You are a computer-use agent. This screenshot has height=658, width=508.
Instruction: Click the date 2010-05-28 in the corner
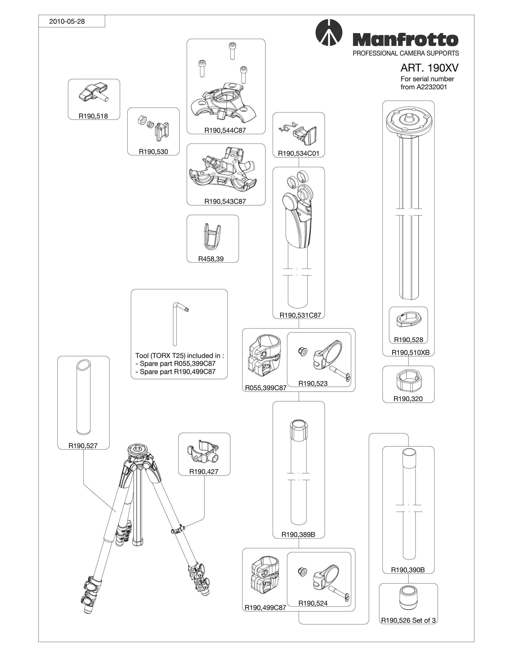coord(67,21)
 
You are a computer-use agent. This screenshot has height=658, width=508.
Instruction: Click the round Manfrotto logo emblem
coord(329,32)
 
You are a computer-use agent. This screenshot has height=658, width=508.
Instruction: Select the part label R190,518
coord(93,116)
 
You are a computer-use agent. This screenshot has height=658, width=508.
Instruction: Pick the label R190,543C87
coord(225,202)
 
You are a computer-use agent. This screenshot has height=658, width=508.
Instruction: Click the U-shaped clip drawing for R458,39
coord(212,237)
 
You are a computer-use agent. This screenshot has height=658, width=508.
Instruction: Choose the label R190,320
coord(408,399)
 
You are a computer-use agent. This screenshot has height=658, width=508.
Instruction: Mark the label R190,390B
coord(408,570)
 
